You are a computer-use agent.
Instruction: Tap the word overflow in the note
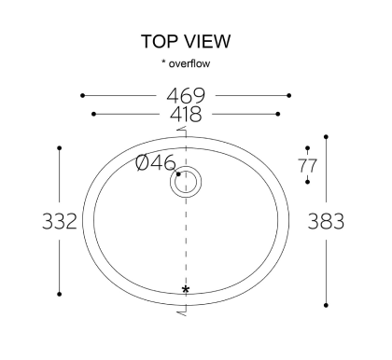[189, 63]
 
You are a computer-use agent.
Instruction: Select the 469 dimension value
[186, 96]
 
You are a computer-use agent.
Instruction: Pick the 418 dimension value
[186, 114]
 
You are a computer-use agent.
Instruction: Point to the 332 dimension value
[59, 221]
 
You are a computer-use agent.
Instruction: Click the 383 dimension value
[326, 221]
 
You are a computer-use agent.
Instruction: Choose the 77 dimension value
[307, 165]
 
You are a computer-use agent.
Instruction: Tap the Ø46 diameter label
[156, 162]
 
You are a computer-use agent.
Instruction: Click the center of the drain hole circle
[186, 182]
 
